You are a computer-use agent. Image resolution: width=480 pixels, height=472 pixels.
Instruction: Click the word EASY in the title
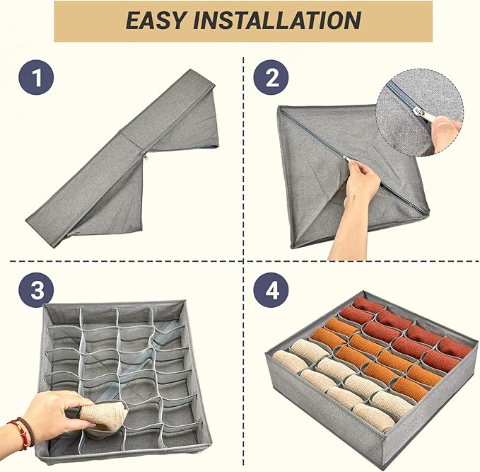point(156,21)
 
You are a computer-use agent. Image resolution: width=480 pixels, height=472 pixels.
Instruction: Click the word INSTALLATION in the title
point(277,21)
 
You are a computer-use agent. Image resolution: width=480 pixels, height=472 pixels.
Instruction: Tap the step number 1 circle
point(36,77)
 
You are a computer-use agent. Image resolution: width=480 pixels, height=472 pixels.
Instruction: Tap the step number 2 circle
point(271,77)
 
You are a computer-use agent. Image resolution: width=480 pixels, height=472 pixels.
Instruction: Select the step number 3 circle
point(36,290)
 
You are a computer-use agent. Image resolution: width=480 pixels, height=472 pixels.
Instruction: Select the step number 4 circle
point(271,290)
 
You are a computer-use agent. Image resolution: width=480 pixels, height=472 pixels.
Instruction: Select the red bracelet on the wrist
point(19,434)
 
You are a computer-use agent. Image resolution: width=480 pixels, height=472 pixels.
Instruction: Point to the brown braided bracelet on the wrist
point(28,431)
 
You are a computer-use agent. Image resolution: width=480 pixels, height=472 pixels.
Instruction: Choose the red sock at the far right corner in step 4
point(455,347)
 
